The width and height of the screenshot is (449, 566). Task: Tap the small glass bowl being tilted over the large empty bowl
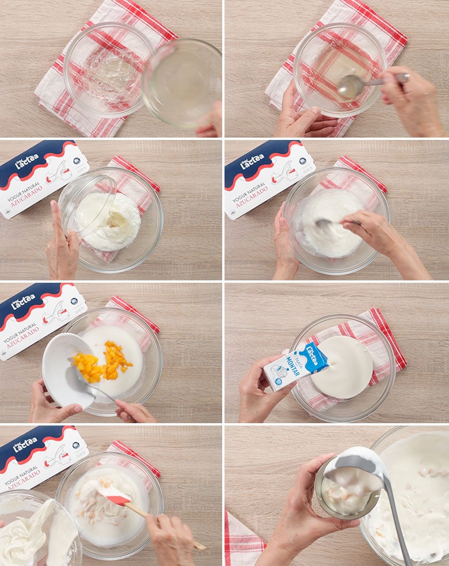[x=181, y=83]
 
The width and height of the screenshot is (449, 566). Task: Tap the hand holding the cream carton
[x=256, y=392]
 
